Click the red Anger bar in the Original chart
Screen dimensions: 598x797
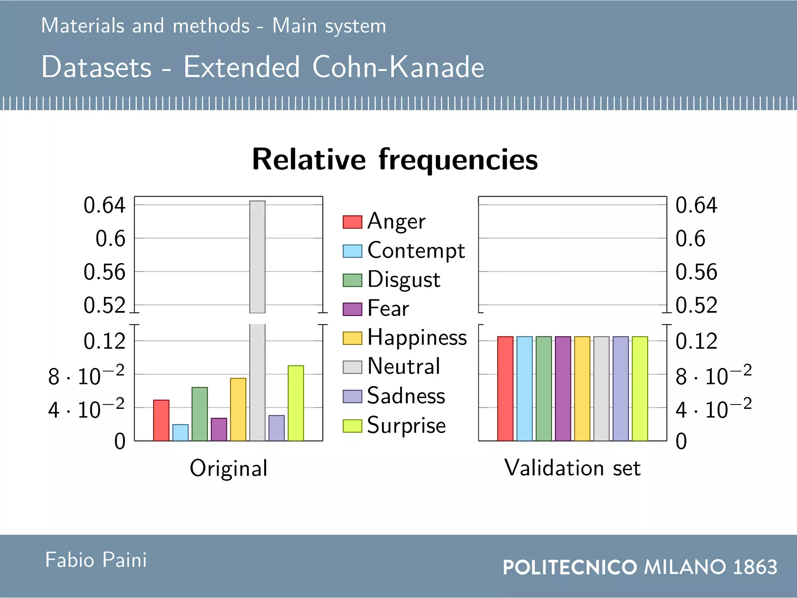click(161, 420)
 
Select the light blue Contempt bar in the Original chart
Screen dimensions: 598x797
click(180, 433)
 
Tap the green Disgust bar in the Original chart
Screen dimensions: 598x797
click(200, 414)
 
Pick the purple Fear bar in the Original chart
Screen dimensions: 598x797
click(219, 429)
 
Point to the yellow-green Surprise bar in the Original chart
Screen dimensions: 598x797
click(296, 403)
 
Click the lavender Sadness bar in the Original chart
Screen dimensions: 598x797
click(276, 428)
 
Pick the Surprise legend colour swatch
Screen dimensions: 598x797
click(352, 426)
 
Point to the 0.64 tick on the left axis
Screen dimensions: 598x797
click(104, 205)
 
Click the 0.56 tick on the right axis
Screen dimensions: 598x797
click(696, 272)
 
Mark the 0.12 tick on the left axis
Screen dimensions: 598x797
click(104, 341)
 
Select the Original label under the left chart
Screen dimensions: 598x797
click(228, 468)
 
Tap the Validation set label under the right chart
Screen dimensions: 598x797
click(572, 468)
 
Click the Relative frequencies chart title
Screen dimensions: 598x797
click(395, 159)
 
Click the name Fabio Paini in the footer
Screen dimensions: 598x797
click(96, 560)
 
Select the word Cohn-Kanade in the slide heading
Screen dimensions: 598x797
click(398, 67)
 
